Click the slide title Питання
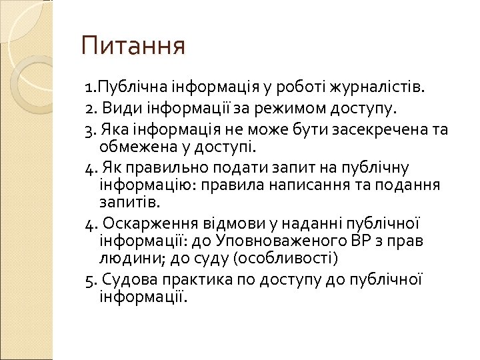(x=133, y=47)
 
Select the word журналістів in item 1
(x=385, y=87)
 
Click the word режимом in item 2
(x=279, y=107)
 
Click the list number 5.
(x=89, y=278)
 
